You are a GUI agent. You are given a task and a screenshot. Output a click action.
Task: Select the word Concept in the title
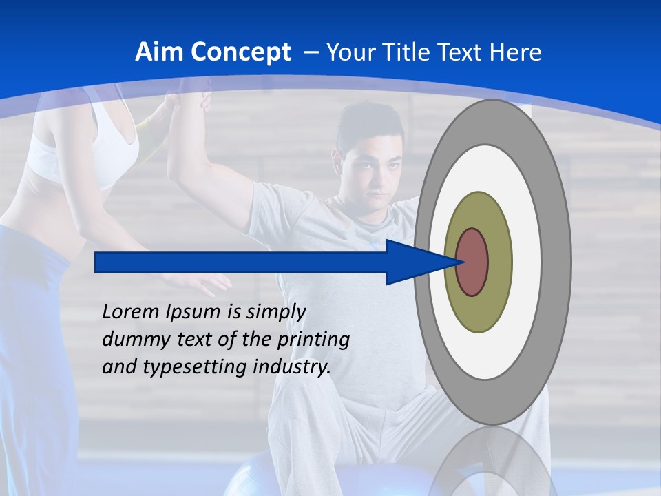click(241, 52)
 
